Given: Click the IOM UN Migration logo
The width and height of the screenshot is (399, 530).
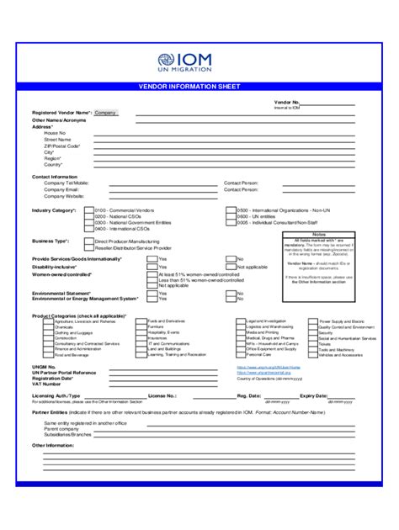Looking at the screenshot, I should click(x=199, y=61).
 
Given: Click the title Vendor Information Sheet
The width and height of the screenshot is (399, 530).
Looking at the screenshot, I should click(x=199, y=87).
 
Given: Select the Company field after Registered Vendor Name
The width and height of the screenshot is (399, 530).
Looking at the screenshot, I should click(x=106, y=112).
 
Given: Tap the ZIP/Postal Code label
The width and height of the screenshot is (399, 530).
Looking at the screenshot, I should click(x=62, y=146).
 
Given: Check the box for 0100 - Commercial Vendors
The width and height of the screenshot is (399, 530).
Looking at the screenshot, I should click(x=88, y=209).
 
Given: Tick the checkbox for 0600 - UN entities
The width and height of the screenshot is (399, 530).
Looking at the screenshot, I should click(x=230, y=216).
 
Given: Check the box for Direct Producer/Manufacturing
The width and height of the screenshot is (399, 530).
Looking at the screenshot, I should click(x=89, y=241).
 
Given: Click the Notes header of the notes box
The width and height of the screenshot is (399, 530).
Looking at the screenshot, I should click(x=318, y=235).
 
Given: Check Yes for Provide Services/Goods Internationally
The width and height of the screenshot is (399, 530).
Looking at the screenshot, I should click(x=152, y=259).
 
